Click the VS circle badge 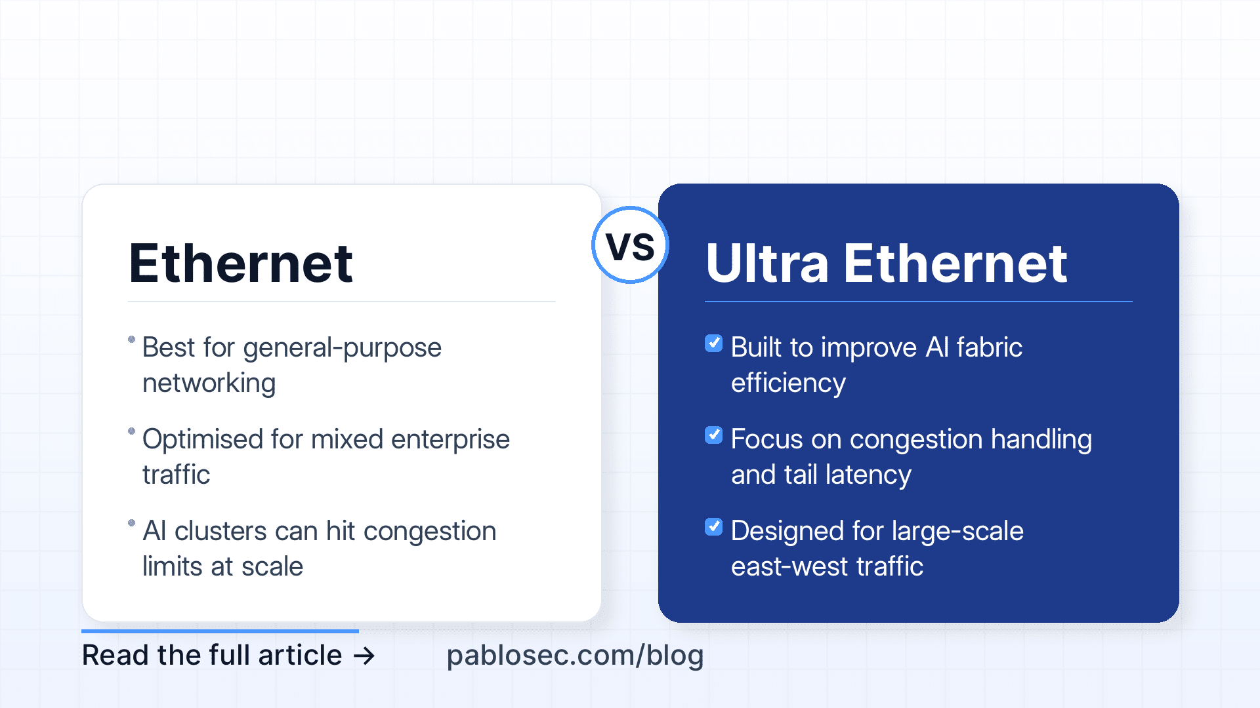tap(630, 245)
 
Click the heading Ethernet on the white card tap(241, 264)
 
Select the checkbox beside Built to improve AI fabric tap(713, 343)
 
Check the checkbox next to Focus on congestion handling tap(713, 435)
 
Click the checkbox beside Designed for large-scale tap(713, 526)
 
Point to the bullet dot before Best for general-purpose tap(131, 339)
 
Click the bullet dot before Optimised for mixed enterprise tap(131, 431)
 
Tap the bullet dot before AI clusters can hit tap(131, 522)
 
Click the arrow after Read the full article tap(364, 656)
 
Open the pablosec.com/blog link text tap(575, 656)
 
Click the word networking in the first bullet tap(209, 383)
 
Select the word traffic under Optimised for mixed tap(176, 475)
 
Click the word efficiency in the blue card tap(788, 383)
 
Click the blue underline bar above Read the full tap(220, 631)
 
